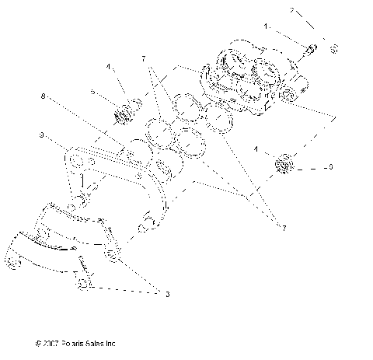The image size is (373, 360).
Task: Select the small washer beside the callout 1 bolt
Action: coord(333,51)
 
